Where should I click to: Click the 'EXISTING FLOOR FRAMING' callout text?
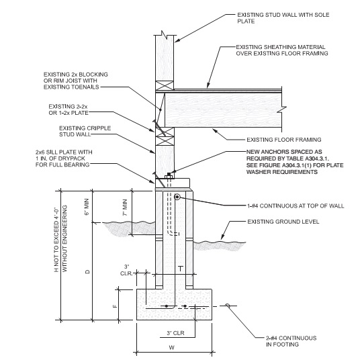click(x=283, y=140)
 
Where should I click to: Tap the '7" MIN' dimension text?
click(x=125, y=208)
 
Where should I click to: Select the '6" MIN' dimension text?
click(x=87, y=207)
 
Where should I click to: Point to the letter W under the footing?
click(x=171, y=348)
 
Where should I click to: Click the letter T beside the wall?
click(x=181, y=269)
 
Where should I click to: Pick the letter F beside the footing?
click(x=115, y=306)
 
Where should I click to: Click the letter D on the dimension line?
click(x=87, y=271)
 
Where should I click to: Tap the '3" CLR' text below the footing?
click(x=175, y=333)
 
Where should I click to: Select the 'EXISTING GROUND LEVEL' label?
click(x=283, y=222)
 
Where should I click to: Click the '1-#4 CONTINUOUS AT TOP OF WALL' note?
click(x=296, y=206)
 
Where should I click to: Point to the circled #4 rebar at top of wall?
click(x=177, y=197)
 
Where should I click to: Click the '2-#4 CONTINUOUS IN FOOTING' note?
click(x=291, y=341)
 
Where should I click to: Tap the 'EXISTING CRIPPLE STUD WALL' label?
click(x=85, y=132)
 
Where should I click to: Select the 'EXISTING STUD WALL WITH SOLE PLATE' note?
click(x=283, y=18)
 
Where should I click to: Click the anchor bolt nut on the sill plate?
click(x=169, y=175)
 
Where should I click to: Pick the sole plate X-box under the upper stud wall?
click(x=165, y=85)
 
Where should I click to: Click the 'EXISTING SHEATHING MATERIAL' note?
click(x=281, y=47)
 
